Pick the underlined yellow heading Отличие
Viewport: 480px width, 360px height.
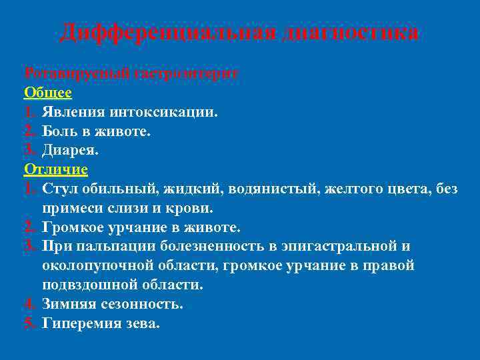point(56,169)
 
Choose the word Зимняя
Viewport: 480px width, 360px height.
point(68,304)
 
